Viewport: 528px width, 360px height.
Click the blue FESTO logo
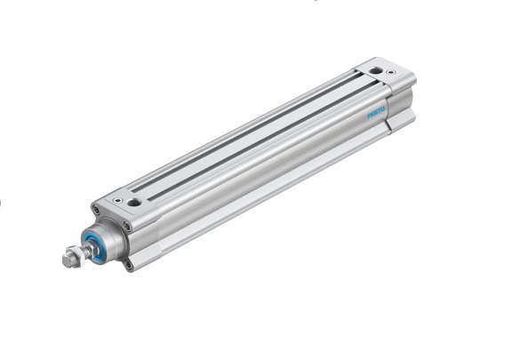376,113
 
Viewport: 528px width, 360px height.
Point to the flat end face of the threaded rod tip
67,260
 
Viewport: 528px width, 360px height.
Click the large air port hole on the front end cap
134,203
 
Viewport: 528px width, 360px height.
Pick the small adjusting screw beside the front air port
117,200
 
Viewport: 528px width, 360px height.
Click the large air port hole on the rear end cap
375,71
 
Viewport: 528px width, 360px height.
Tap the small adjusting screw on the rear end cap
390,72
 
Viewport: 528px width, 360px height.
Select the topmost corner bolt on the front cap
96,211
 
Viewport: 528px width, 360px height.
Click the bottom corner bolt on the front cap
128,265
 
